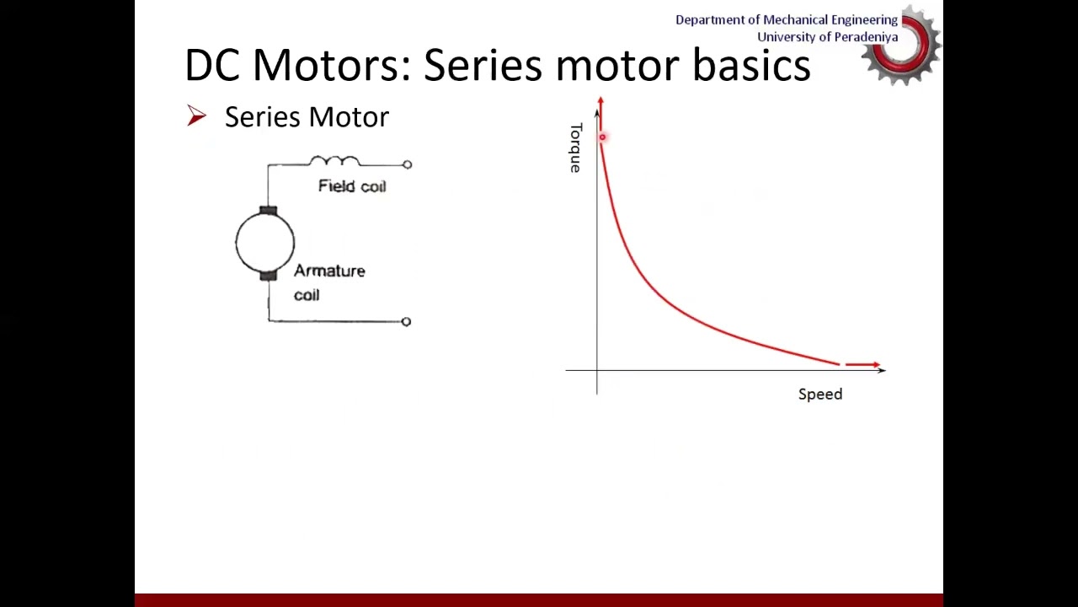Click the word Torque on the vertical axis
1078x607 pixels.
tap(575, 148)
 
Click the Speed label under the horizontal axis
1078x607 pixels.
tap(819, 394)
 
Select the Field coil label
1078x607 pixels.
tap(352, 186)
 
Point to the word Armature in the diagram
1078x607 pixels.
tap(329, 271)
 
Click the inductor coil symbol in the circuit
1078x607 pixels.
tap(334, 160)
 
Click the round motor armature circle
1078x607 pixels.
tap(265, 243)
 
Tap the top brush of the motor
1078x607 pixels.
tap(268, 210)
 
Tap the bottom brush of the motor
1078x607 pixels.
tap(268, 275)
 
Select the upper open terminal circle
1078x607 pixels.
tap(408, 164)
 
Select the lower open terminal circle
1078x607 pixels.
tap(406, 321)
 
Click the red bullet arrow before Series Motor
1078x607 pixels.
tap(196, 116)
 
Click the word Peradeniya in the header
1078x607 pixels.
tap(862, 37)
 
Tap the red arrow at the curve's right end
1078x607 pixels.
tap(863, 364)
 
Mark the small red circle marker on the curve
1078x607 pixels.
tap(602, 137)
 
